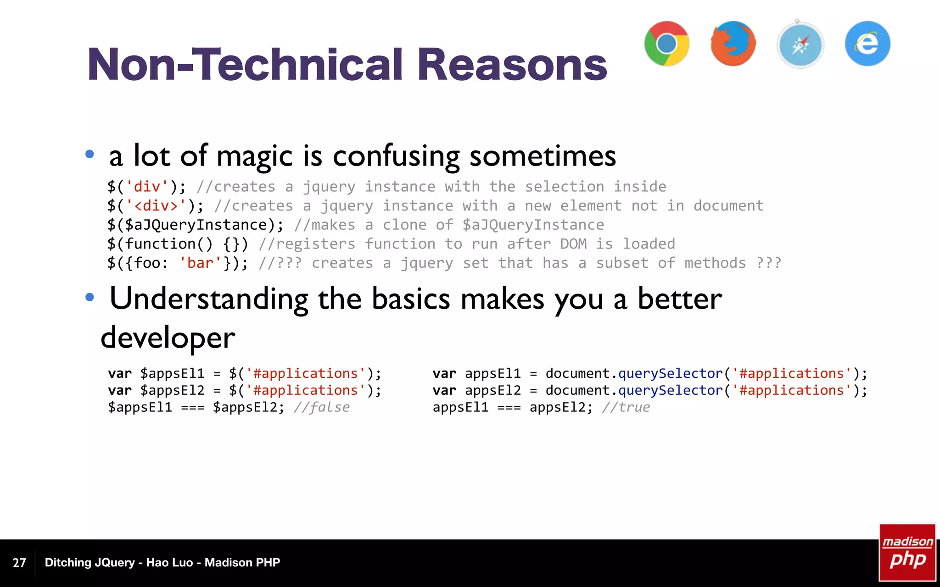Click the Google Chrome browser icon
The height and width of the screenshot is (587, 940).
click(666, 44)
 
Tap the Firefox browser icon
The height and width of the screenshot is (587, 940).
click(733, 44)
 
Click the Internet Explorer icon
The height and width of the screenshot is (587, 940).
click(867, 44)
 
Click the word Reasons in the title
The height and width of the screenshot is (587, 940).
click(512, 65)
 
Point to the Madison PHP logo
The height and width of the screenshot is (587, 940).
click(907, 552)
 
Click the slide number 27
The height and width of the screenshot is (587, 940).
click(19, 563)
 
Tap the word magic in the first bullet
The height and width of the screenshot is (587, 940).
click(254, 156)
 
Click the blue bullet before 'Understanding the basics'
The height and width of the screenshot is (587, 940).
click(90, 298)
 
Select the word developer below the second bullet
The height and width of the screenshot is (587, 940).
click(168, 338)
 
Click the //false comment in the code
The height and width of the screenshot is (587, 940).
click(321, 407)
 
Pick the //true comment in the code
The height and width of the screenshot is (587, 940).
click(626, 407)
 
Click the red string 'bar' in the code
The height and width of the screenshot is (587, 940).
click(201, 263)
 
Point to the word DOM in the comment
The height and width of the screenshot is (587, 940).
click(573, 244)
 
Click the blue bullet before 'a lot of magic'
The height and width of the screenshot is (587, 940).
click(90, 155)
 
